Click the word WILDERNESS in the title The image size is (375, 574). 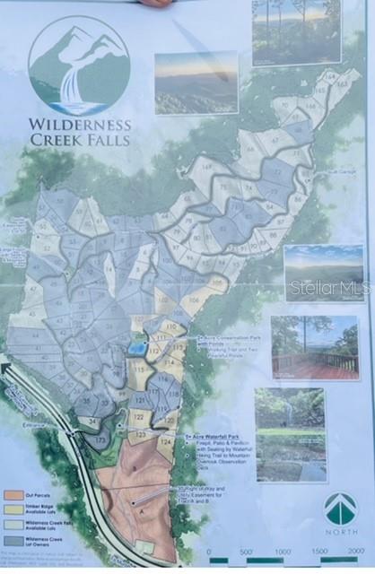[x=79, y=125]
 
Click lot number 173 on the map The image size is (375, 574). [x=101, y=439]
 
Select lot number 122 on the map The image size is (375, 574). [x=137, y=417]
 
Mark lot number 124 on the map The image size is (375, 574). [x=165, y=442]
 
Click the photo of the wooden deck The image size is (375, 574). [x=314, y=347]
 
